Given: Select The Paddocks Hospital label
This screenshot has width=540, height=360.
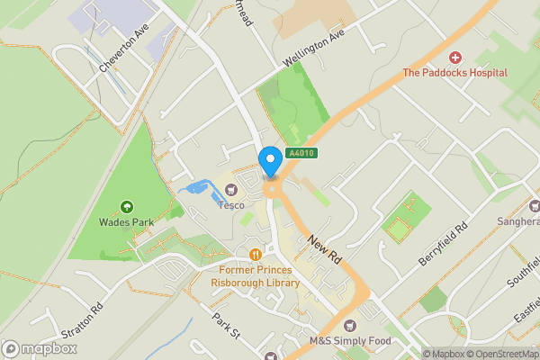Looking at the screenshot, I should pyautogui.click(x=454, y=73).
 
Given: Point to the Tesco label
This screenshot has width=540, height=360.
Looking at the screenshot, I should pyautogui.click(x=231, y=204).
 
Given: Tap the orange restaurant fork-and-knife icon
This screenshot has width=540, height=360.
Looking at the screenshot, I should pyautogui.click(x=256, y=254).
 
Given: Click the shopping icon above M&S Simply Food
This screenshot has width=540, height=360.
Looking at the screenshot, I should pyautogui.click(x=350, y=325).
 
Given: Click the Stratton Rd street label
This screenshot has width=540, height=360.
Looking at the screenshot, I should pyautogui.click(x=83, y=320).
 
